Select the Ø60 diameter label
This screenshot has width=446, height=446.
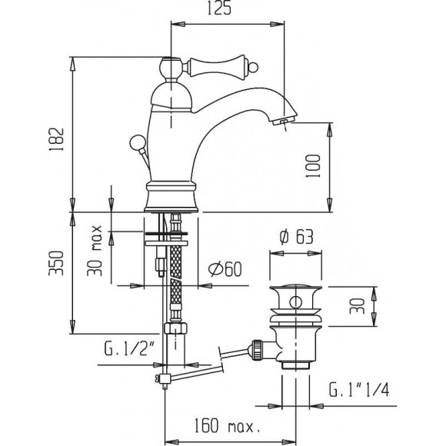tap(226, 268)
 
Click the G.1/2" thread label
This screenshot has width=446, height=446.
tap(128, 354)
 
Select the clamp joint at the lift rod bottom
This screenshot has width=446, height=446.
tap(163, 378)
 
